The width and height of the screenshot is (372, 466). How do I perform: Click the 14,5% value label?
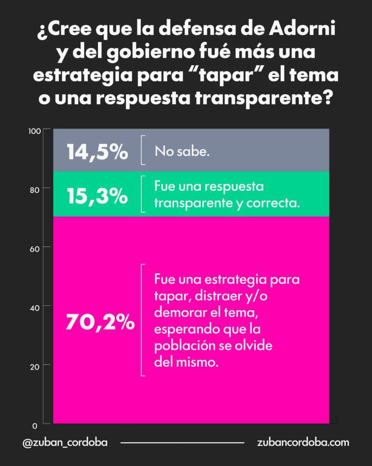click(97, 152)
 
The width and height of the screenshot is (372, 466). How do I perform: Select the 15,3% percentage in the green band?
click(97, 196)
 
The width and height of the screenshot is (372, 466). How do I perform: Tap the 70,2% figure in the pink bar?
click(100, 322)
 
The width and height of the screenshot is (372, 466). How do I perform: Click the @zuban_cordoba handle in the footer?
click(65, 443)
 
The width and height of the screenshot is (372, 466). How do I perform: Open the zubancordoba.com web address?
click(303, 443)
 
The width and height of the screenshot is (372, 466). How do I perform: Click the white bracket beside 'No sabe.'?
click(142, 150)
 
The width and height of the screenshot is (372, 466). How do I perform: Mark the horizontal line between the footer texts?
click(182, 443)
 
